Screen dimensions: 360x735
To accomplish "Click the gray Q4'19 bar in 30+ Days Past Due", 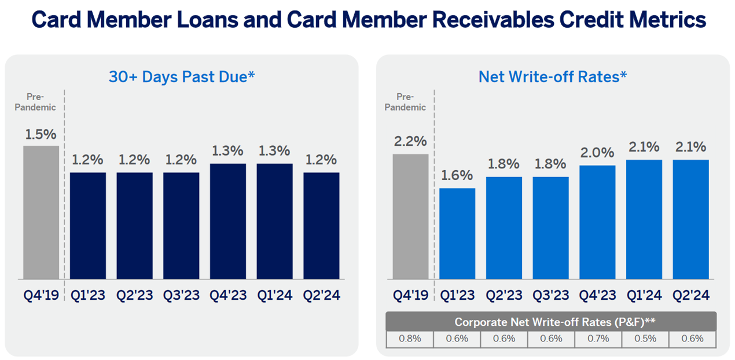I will (41, 212).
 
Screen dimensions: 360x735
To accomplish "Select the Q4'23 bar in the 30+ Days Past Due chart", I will (227, 221).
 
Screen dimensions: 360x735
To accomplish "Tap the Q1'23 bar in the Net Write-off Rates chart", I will (457, 234).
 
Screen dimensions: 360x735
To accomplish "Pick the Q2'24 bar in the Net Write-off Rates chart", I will (690, 220).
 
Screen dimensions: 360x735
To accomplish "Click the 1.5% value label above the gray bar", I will (41, 134).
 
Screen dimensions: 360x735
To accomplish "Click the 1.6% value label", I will (457, 175).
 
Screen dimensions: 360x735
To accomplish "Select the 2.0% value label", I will (597, 153).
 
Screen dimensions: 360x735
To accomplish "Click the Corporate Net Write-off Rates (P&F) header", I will (551, 322).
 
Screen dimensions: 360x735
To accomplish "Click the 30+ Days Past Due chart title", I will (182, 76).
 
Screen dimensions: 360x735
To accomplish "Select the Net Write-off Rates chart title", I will (553, 76).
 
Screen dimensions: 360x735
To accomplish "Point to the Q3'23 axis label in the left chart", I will (181, 295).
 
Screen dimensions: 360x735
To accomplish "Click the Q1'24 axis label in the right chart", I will (644, 295).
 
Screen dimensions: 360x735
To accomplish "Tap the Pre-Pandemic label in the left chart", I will (41, 102).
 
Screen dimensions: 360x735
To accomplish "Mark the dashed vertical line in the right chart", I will (434, 191).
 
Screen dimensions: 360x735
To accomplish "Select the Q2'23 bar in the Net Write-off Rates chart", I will (504, 228).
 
